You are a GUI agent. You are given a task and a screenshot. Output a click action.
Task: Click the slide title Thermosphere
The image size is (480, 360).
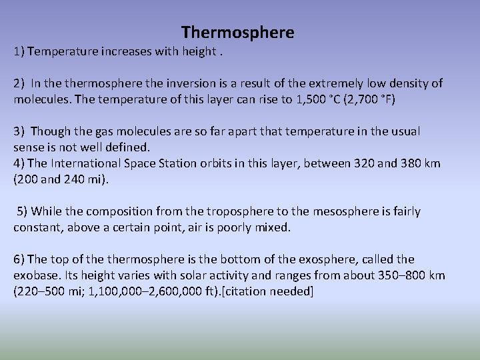[237, 32]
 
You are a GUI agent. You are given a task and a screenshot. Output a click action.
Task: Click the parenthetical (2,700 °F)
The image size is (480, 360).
[371, 99]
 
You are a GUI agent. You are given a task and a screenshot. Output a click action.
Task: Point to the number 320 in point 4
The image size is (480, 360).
[357, 163]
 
